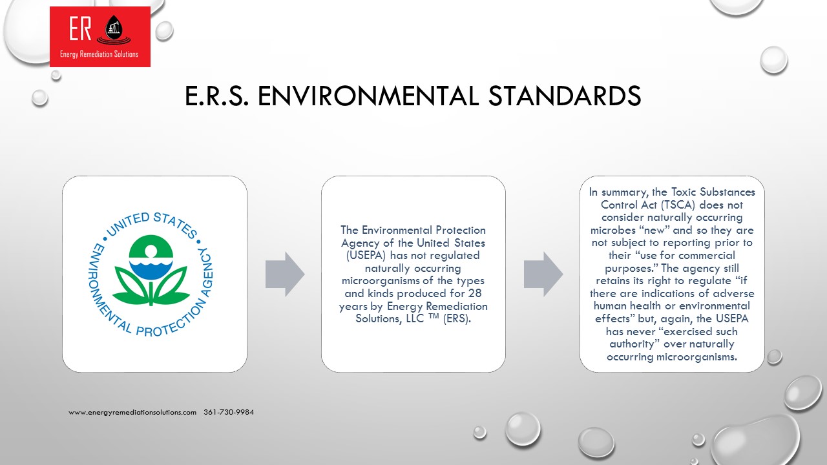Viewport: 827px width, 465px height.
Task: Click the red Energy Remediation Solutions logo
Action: (x=100, y=37)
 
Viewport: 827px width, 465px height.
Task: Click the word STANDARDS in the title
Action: (x=565, y=96)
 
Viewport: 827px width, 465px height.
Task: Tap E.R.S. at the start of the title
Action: (x=216, y=96)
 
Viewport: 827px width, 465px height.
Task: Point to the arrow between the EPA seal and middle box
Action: (x=285, y=274)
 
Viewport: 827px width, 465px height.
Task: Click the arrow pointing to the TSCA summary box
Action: (x=543, y=274)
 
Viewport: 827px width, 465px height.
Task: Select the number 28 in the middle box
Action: (x=475, y=293)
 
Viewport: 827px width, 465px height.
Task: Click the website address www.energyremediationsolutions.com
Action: (x=132, y=412)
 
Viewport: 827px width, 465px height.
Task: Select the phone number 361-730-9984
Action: (x=229, y=412)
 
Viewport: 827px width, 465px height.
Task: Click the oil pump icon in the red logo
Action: (x=114, y=28)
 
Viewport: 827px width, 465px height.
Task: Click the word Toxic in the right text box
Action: (x=684, y=192)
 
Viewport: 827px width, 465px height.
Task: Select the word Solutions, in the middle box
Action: (x=379, y=318)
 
